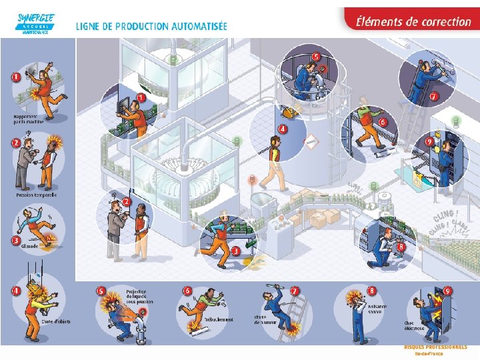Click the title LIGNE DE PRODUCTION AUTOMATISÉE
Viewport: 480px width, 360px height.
(151, 27)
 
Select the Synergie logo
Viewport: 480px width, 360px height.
(36, 23)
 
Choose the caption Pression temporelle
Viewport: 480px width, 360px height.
(37, 195)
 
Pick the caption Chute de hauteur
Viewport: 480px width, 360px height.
(265, 319)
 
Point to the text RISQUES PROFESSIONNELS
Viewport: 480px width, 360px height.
(435, 347)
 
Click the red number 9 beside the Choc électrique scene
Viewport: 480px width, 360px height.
(448, 291)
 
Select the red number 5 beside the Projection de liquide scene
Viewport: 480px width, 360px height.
(102, 291)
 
